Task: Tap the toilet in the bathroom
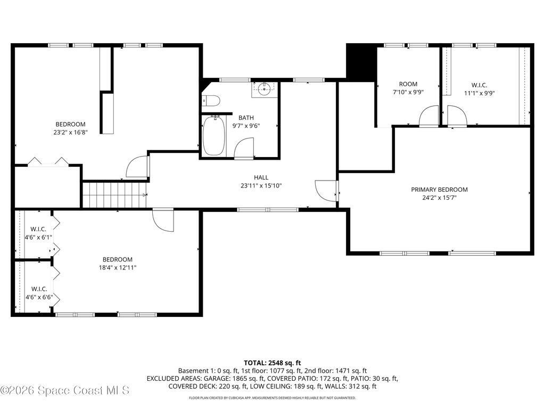click(211, 100)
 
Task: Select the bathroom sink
click(265, 89)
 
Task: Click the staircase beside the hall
click(114, 195)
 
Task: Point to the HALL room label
click(261, 177)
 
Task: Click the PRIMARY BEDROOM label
click(439, 190)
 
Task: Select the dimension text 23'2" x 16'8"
click(71, 133)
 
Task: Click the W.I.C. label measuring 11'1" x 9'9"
click(479, 85)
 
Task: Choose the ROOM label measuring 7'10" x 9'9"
click(408, 84)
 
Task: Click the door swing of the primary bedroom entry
click(325, 189)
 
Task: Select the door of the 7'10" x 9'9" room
click(428, 117)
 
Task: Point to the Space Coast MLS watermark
click(65, 390)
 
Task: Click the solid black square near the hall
click(361, 62)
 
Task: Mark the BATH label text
click(246, 118)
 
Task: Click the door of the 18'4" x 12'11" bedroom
click(163, 220)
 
